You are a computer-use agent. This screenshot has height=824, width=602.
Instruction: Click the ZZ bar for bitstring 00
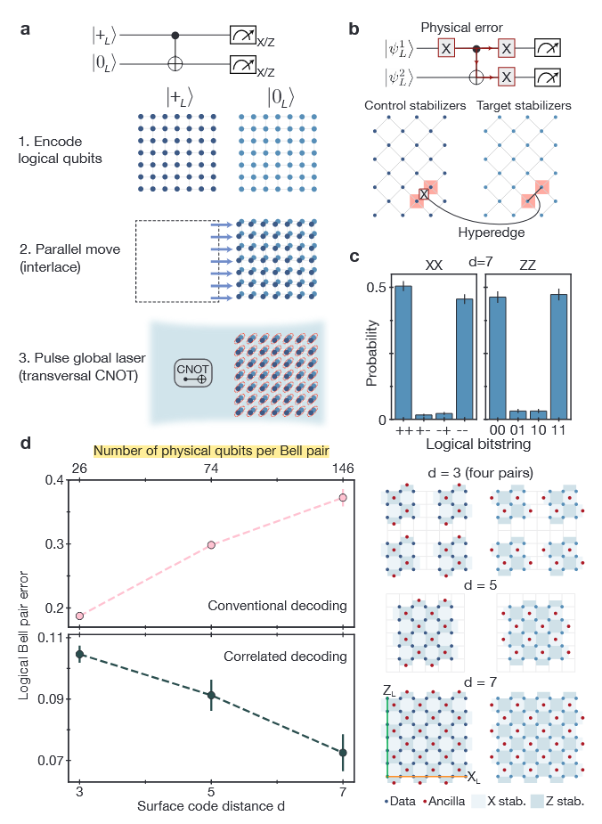(x=498, y=358)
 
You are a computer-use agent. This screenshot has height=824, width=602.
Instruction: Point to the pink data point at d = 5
(x=211, y=544)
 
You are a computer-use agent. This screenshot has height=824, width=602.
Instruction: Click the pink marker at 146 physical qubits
(x=343, y=498)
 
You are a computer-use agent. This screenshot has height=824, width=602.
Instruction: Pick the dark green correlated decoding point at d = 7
(x=343, y=753)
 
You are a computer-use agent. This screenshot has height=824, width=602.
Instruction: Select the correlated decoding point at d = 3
(x=79, y=654)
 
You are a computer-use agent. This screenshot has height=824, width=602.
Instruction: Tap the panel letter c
(x=354, y=258)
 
